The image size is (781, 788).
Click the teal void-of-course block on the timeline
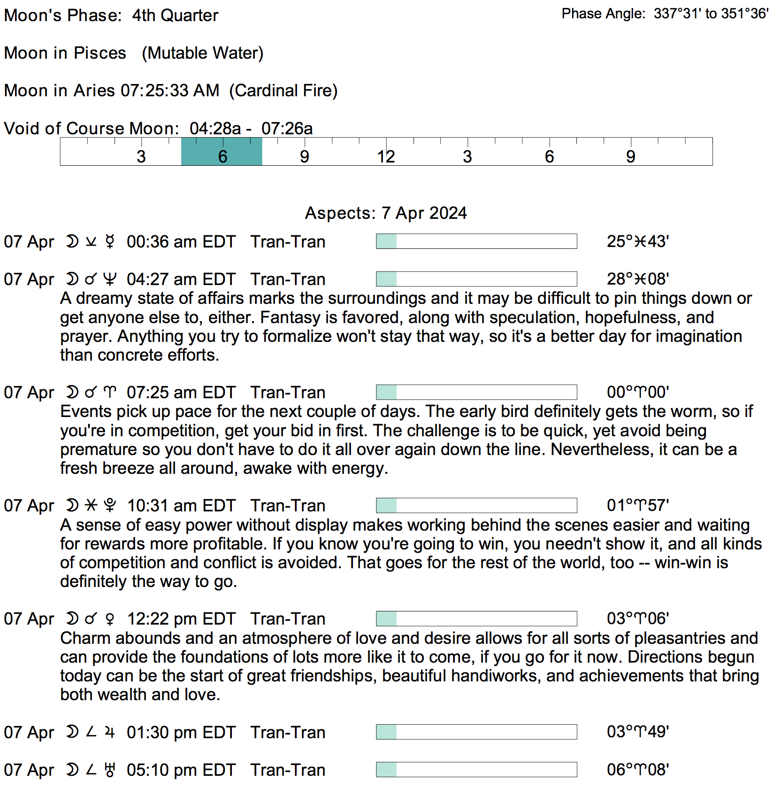[x=222, y=152]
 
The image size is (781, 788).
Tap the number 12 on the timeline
[x=386, y=157]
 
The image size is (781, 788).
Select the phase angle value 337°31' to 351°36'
[x=711, y=14]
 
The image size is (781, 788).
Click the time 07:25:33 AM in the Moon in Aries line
[x=170, y=90]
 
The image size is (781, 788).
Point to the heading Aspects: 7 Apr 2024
[x=386, y=213]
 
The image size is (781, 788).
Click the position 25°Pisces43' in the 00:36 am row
[x=638, y=241]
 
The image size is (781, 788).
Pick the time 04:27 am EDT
[x=181, y=279]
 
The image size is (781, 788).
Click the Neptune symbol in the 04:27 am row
[x=110, y=279]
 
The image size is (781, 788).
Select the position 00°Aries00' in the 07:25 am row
[x=638, y=392]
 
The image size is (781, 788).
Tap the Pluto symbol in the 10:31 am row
[x=110, y=505]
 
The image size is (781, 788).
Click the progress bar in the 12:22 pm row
[x=476, y=618]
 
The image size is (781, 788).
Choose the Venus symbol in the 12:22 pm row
[x=110, y=619]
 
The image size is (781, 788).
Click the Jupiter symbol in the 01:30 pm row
[x=110, y=732]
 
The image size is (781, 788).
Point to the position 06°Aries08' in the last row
[x=638, y=770]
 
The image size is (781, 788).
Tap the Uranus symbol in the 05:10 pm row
[x=110, y=770]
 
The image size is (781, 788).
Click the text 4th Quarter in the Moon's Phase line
[x=175, y=15]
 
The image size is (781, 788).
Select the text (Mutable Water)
[x=203, y=53]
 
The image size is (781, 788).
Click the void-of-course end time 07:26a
[x=287, y=129]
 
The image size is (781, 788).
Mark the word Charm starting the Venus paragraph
[x=85, y=638]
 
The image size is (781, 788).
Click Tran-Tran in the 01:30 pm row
[x=288, y=733]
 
